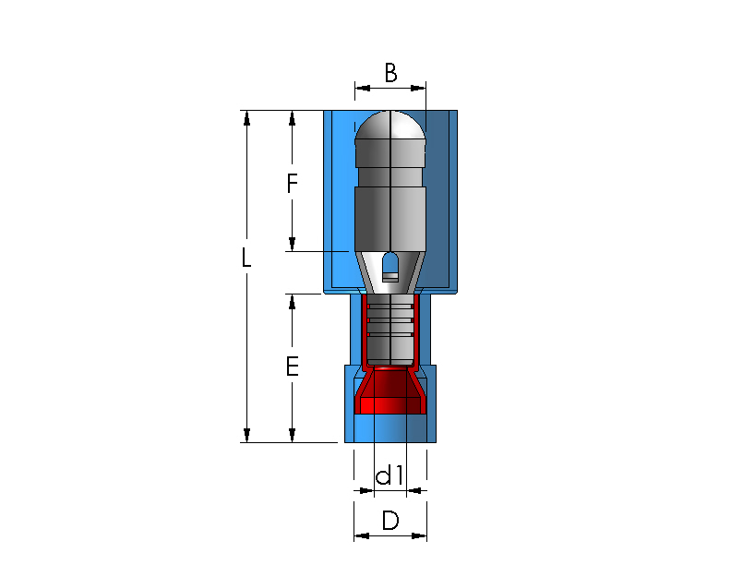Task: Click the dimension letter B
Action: pos(390,73)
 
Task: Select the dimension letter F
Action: pos(292,183)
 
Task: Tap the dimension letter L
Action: pos(246,257)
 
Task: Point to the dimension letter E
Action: pos(292,367)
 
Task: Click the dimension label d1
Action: pos(389,475)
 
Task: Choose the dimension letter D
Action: pos(390,521)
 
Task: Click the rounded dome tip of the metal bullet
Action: pos(390,125)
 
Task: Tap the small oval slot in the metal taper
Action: pos(390,267)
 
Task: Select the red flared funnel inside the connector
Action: pos(390,391)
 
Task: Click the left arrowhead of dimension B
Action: pos(362,88)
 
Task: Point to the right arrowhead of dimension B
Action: pos(418,88)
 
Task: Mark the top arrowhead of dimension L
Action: pos(246,118)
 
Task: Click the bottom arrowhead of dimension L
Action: pos(246,435)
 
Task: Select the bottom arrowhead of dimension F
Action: pos(292,245)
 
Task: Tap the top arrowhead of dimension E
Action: pos(292,302)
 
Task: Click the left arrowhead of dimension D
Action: pos(361,535)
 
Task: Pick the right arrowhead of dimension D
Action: pos(419,535)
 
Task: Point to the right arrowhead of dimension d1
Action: pos(414,490)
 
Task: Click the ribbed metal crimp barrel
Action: pos(389,329)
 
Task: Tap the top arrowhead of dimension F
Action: pos(292,118)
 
